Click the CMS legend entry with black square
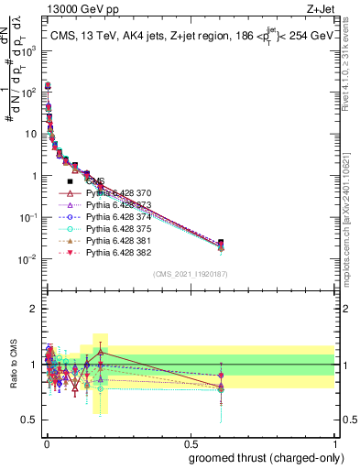pyautogui.click(x=96, y=181)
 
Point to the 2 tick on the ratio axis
pyautogui.click(x=34, y=309)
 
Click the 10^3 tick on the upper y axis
pyautogui.click(x=30, y=53)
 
